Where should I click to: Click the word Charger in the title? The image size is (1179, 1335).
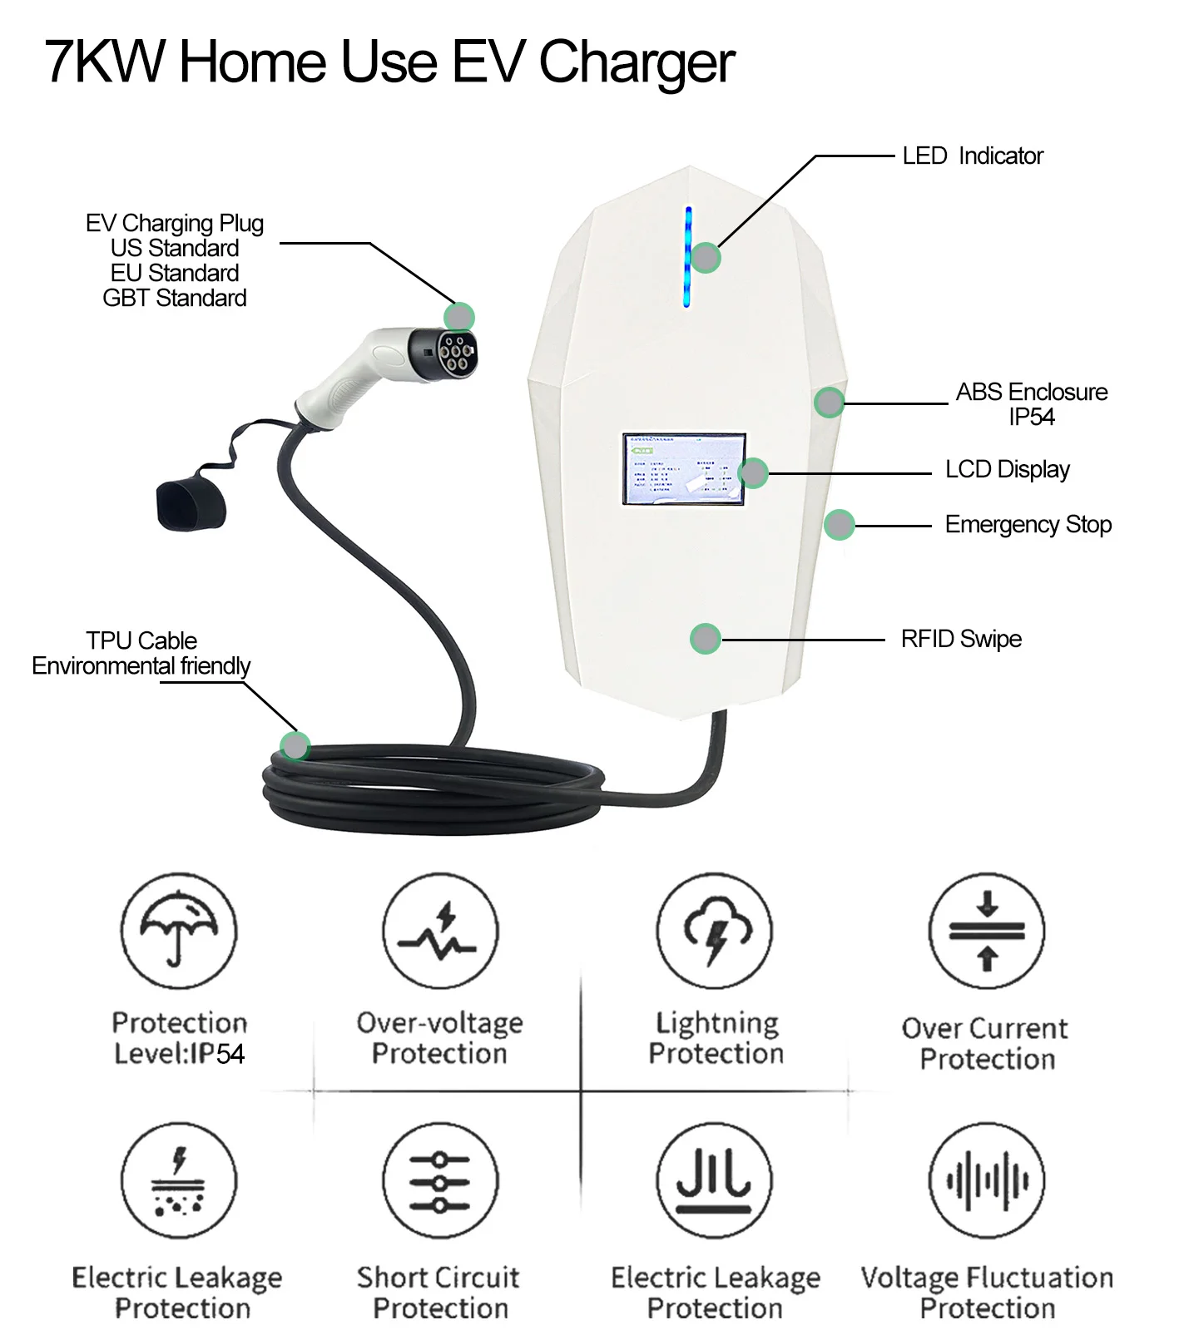[x=636, y=63]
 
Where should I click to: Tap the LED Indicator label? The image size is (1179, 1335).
[x=972, y=156]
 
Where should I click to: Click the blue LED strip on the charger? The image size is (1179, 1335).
[x=687, y=256]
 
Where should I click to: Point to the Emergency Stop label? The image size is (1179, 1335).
[x=1028, y=525]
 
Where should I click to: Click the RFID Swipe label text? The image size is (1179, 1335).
[x=960, y=639]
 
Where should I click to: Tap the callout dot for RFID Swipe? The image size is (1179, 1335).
[x=705, y=639]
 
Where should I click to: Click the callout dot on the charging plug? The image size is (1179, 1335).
[x=458, y=317]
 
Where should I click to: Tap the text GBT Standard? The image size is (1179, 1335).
[x=174, y=298]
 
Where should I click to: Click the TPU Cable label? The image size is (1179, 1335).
[x=141, y=640]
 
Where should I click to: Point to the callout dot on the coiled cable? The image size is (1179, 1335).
[x=295, y=745]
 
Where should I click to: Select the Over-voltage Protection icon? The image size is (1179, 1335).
[x=440, y=930]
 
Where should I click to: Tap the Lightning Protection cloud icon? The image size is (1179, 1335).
[x=714, y=930]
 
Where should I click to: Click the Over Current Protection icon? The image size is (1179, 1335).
[x=987, y=930]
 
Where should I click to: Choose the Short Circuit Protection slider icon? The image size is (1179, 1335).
[x=440, y=1181]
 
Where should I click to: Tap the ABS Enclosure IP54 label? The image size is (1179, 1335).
[x=1031, y=403]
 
